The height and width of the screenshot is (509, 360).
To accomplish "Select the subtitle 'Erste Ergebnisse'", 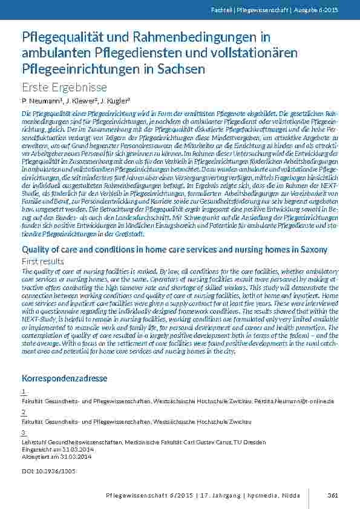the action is [64, 87].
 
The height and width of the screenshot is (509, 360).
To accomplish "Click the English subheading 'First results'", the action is [42, 261].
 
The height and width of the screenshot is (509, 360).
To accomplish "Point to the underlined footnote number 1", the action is [23, 392].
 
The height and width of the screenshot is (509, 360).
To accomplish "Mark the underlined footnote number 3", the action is [23, 433].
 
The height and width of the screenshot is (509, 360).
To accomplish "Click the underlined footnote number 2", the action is [23, 412].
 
